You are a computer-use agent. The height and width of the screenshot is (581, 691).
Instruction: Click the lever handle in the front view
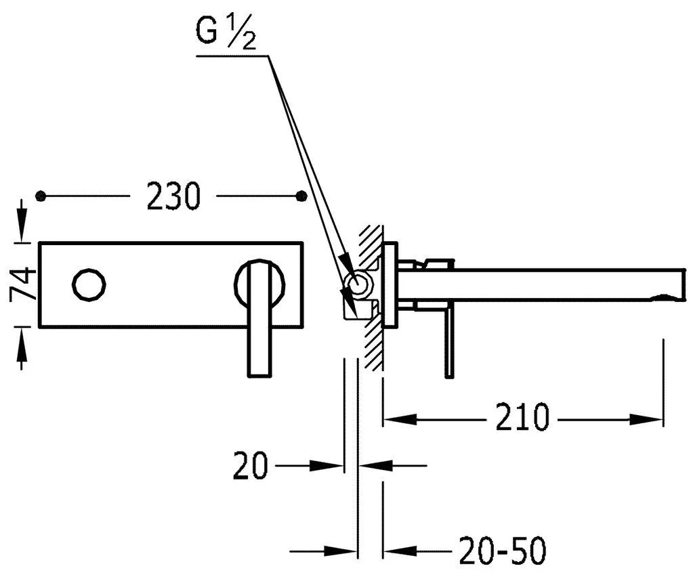[257, 318]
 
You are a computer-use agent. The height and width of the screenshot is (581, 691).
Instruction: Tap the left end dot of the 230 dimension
[43, 196]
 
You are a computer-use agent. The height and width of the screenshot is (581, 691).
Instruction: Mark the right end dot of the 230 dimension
[302, 196]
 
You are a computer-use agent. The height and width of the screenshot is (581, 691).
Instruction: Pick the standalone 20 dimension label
[251, 466]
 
